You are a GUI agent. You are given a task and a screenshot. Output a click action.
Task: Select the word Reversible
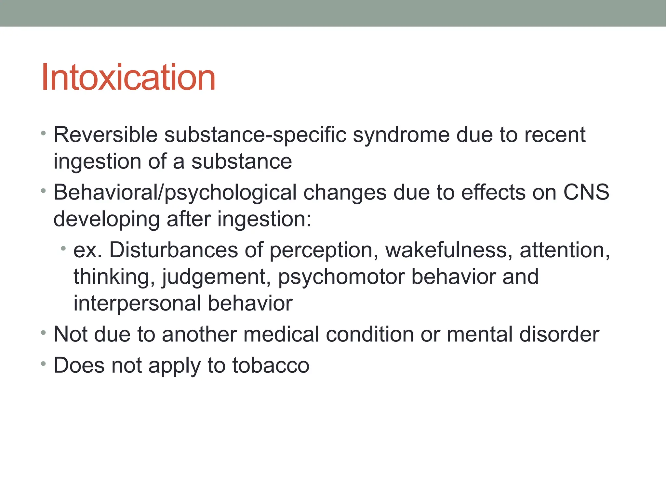click(105, 134)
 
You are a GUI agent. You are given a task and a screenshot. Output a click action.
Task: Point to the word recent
click(556, 134)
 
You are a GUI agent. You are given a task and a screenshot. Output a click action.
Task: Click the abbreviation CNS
click(586, 192)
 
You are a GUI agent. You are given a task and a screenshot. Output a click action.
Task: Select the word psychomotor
click(341, 277)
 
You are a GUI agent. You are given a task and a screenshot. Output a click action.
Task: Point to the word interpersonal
click(137, 303)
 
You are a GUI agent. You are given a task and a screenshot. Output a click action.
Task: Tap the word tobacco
click(271, 365)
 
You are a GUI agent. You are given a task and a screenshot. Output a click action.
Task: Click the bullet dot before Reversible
click(44, 133)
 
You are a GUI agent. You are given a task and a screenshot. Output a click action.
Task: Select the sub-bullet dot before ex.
click(63, 249)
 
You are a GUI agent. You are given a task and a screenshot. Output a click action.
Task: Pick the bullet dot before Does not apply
click(44, 364)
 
